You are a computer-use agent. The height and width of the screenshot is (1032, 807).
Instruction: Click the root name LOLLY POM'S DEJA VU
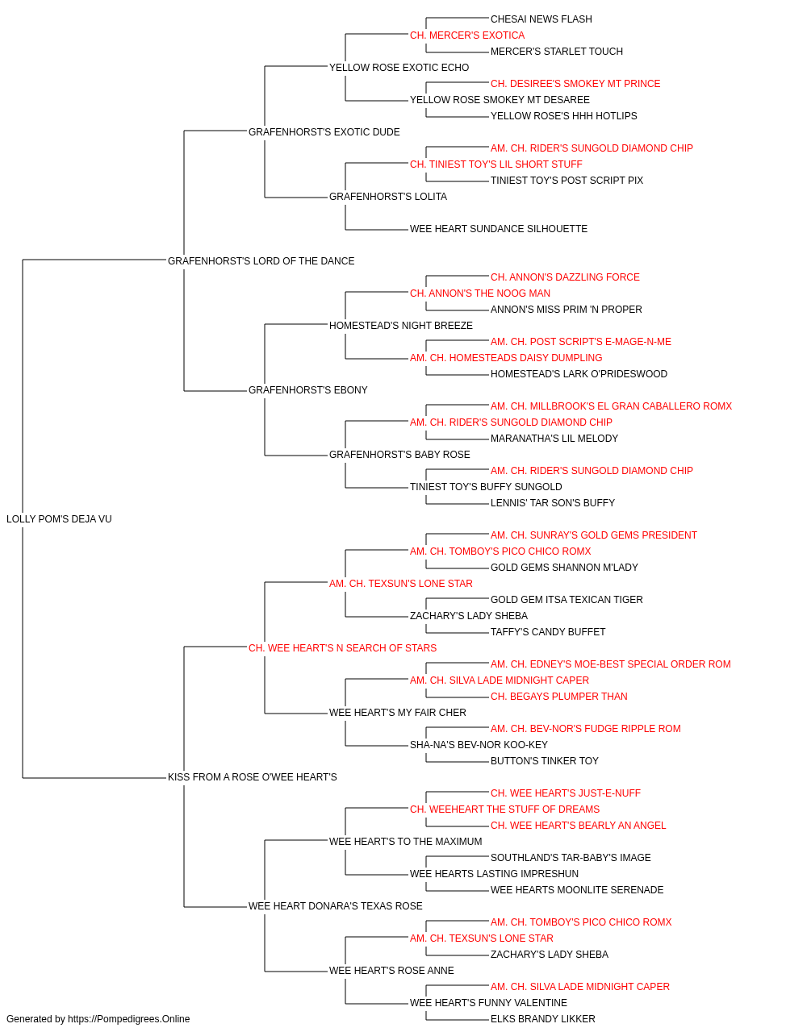tap(59, 519)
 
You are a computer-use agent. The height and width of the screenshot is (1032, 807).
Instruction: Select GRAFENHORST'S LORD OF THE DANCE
tap(261, 260)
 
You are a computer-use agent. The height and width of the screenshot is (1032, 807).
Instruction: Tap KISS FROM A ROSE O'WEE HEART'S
tap(253, 777)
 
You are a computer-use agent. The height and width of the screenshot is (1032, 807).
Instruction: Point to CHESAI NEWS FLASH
tap(541, 19)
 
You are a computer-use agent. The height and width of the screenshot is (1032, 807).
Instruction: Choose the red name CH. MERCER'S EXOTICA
tap(467, 35)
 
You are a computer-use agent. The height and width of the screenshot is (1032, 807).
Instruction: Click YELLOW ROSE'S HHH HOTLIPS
tap(563, 116)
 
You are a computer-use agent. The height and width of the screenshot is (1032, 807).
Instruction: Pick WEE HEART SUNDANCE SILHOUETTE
tap(499, 229)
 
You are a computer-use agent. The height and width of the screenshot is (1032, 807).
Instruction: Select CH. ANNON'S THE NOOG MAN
tap(480, 293)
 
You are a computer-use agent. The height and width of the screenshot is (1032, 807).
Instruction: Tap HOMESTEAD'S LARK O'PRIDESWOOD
tap(579, 374)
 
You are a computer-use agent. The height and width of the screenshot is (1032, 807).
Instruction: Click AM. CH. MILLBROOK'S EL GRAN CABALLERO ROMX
tap(611, 406)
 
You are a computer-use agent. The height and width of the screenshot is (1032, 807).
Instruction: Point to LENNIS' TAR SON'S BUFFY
tap(553, 503)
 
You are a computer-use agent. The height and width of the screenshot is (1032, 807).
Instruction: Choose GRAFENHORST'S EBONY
tap(308, 390)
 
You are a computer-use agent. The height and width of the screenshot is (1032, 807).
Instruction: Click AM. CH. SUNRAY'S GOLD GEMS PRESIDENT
tap(594, 535)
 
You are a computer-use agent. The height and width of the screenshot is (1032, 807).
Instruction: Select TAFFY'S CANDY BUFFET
tap(548, 631)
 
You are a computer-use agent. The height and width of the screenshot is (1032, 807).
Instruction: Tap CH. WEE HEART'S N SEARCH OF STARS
tap(343, 647)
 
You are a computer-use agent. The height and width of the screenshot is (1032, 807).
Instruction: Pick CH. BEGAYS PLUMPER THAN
tap(559, 697)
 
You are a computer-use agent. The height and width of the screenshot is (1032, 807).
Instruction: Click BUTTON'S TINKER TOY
tap(545, 761)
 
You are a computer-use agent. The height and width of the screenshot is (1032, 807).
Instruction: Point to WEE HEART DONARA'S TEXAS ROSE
tap(336, 906)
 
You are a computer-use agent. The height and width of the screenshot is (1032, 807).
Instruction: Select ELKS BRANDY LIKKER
tap(543, 1019)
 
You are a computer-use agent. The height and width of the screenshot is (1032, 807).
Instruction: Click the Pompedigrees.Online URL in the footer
tap(129, 1019)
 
